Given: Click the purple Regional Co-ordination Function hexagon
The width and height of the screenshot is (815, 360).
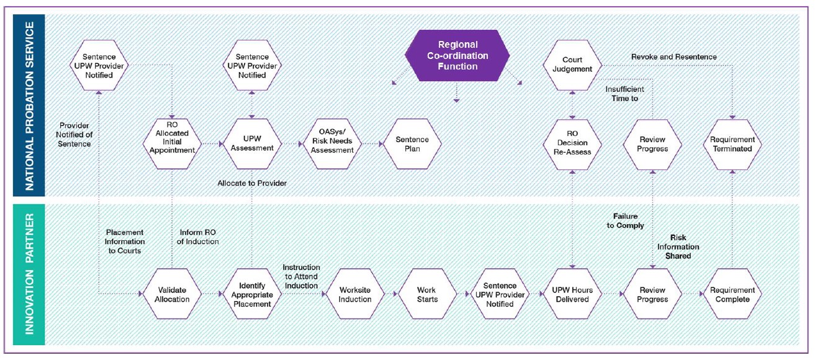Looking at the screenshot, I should [x=457, y=56].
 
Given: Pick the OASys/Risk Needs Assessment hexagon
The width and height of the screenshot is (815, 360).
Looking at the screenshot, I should [x=332, y=144].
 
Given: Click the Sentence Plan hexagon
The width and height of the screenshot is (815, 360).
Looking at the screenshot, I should [x=412, y=144].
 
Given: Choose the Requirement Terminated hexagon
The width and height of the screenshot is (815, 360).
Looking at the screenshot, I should [x=732, y=144].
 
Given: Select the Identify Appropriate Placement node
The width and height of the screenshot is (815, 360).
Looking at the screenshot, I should [x=251, y=294].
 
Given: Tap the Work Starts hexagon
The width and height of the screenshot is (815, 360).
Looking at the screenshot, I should [x=426, y=294].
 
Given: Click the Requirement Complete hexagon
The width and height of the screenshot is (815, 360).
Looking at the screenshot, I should [x=732, y=294].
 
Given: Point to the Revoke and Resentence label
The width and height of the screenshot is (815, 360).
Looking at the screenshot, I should [x=673, y=56].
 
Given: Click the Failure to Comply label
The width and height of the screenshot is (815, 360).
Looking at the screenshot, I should [x=625, y=221].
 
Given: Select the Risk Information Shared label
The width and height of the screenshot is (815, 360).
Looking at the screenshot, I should [x=683, y=246].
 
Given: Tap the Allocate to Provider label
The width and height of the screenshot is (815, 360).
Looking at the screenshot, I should [x=252, y=183].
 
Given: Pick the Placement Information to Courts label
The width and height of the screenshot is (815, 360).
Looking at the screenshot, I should [x=125, y=241].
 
